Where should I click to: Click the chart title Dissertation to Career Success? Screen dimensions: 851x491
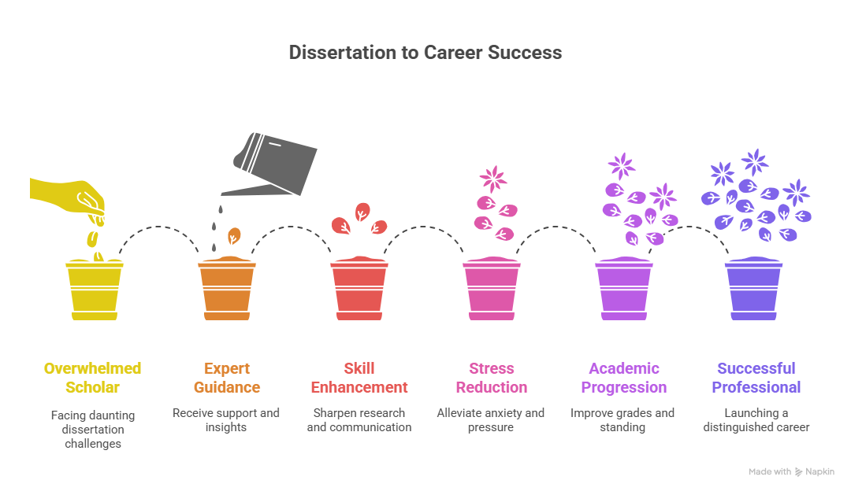point(425,53)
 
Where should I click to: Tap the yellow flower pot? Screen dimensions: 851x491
point(95,290)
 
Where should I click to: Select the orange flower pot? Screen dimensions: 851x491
point(227,289)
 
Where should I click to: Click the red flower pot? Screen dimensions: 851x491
point(359,289)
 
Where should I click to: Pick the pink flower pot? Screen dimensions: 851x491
point(492,289)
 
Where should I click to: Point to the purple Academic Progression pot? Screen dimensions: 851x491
point(624,289)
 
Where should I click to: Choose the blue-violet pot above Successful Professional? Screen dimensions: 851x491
point(754,289)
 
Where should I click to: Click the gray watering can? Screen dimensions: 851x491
point(269,164)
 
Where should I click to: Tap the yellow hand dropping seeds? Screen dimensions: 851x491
point(68,199)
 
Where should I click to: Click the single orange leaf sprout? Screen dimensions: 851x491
point(234,236)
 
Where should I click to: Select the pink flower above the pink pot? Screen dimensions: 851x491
point(493,179)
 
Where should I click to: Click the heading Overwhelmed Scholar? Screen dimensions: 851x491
point(93,378)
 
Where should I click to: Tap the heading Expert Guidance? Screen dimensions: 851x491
point(227,378)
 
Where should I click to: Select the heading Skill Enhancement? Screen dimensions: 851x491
point(359,378)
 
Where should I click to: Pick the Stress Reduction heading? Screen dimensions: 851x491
point(492,378)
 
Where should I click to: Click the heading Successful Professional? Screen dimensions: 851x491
point(756,378)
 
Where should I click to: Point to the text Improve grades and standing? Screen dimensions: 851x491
point(622,420)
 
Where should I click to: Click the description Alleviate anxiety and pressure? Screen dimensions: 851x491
point(491,420)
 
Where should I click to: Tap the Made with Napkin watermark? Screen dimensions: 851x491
point(791,471)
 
